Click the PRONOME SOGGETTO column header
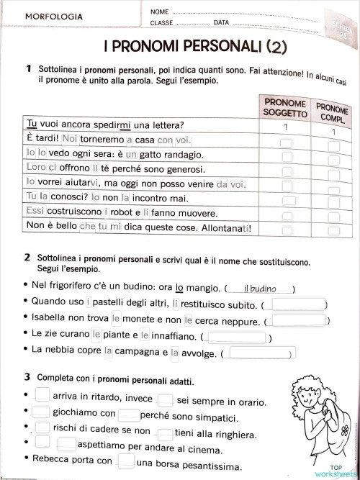click(285, 109)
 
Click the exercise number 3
click(27, 376)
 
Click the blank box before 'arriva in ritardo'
click(42, 394)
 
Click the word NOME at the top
click(160, 12)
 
